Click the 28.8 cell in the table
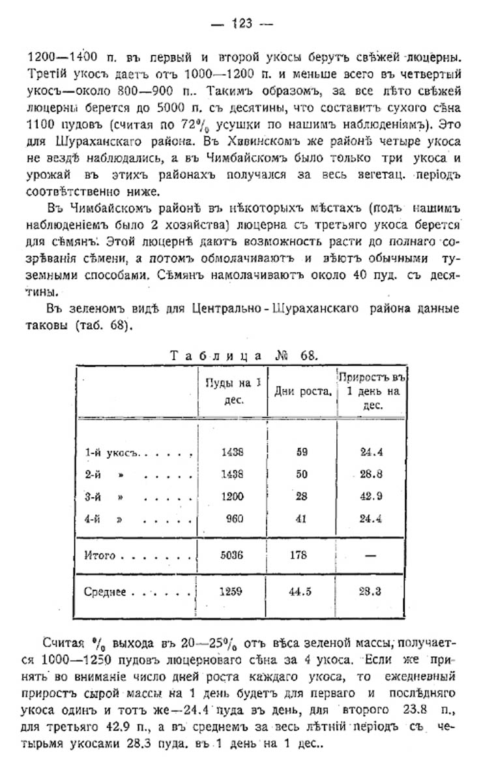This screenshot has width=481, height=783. click(368, 474)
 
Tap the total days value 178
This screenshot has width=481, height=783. click(301, 556)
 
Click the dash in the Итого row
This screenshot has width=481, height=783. click(368, 556)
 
